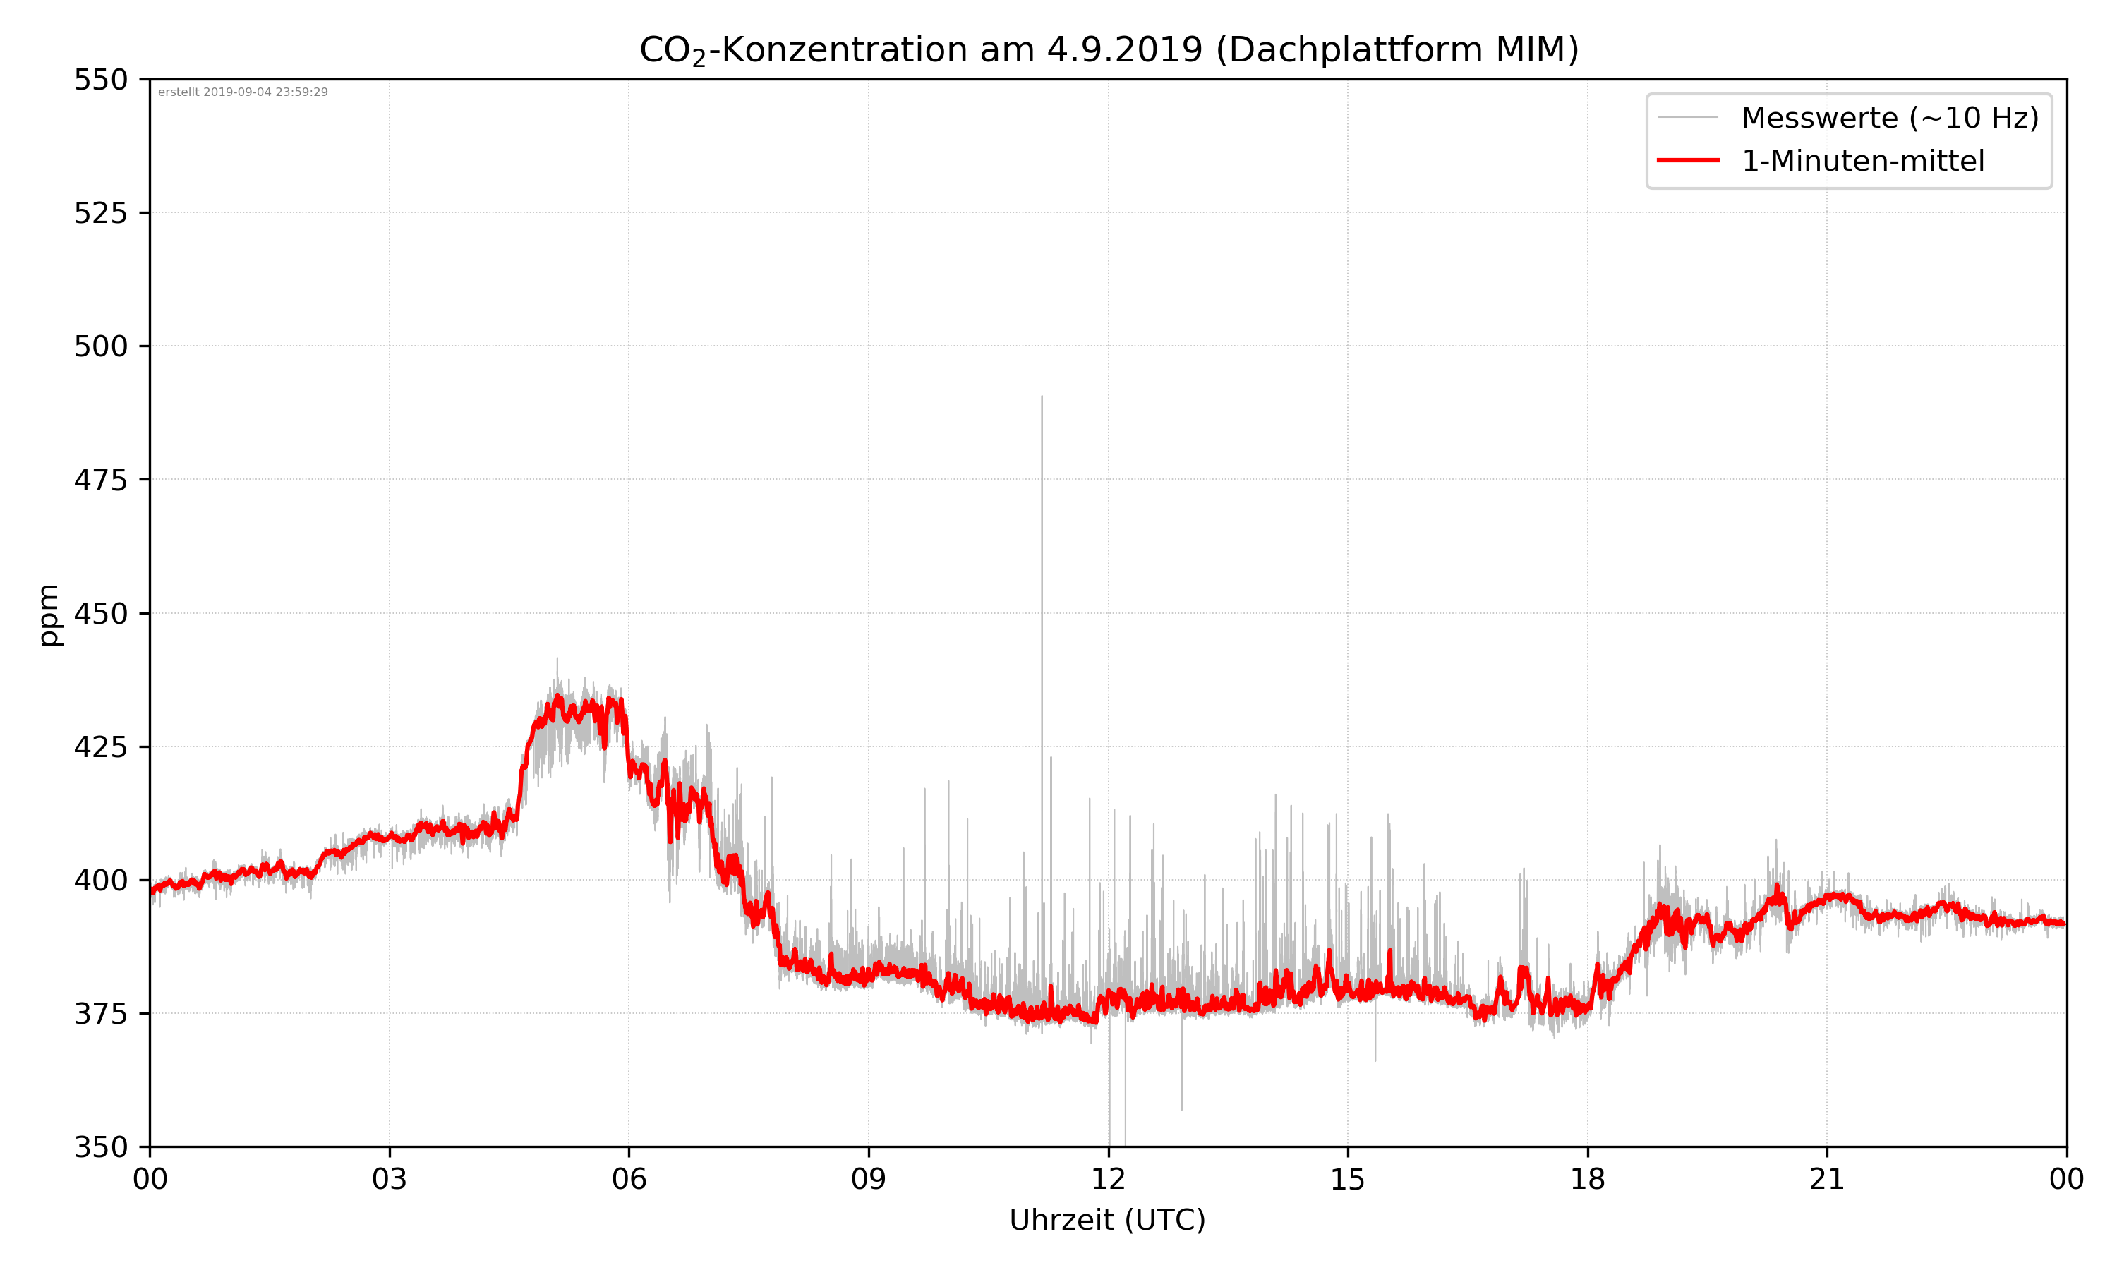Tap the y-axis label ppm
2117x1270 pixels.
(x=49, y=615)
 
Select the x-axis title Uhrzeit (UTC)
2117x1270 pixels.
(x=1107, y=1219)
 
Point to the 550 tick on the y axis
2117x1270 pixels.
(x=100, y=80)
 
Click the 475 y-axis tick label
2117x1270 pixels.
(x=100, y=480)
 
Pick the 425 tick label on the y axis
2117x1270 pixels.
(x=100, y=747)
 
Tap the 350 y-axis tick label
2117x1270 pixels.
(x=100, y=1148)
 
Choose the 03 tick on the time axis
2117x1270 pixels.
(x=390, y=1179)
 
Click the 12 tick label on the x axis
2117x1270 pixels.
(x=1108, y=1179)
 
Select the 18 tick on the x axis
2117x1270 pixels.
(x=1587, y=1179)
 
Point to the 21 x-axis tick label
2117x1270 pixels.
(x=1827, y=1179)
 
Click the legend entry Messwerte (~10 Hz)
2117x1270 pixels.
(x=1889, y=118)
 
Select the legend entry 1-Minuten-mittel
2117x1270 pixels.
(x=1862, y=161)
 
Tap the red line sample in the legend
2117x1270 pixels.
(x=1687, y=160)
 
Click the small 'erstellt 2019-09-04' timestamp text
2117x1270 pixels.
(x=243, y=92)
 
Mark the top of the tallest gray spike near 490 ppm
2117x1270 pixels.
(x=1042, y=397)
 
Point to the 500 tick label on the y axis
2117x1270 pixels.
(x=100, y=346)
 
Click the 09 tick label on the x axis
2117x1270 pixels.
(x=869, y=1179)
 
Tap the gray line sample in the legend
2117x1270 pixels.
(x=1687, y=117)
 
